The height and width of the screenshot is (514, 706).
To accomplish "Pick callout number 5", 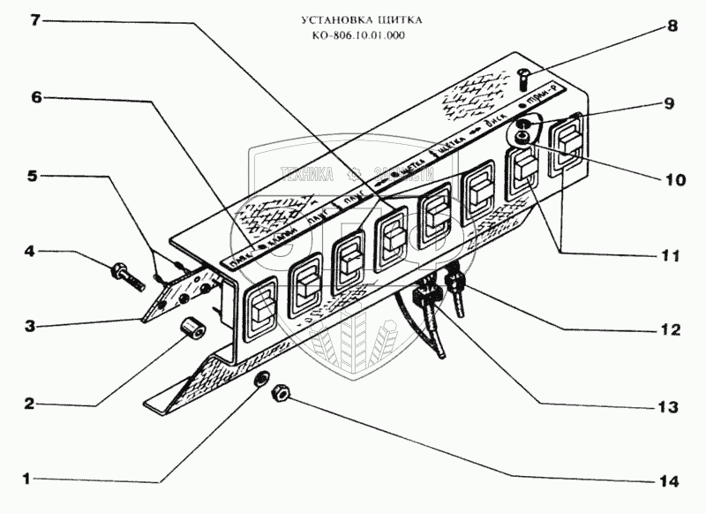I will [x=32, y=175].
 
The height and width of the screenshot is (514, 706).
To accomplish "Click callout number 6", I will [x=38, y=97].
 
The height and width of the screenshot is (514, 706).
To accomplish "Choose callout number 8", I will [x=672, y=26].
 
